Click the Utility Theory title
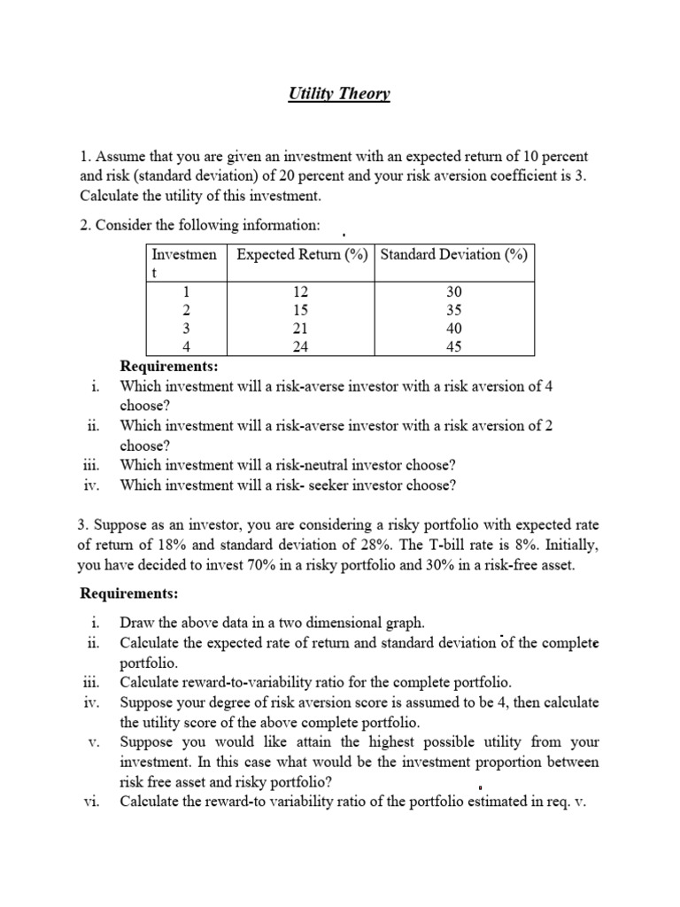[339, 94]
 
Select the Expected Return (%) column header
[301, 254]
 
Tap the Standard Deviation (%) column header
[454, 254]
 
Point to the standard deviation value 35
[454, 311]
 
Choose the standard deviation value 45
[454, 347]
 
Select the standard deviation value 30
[454, 292]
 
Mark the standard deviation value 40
[454, 329]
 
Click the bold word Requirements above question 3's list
[129, 593]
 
